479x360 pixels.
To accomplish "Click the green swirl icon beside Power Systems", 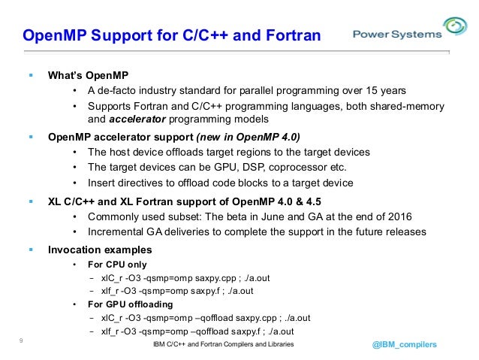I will click(455, 28).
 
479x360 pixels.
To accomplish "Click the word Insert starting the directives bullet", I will click(102, 183).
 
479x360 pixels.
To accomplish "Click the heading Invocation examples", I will click(100, 249).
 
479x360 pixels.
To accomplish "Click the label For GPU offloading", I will click(130, 304).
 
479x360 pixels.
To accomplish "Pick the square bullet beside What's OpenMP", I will click(31, 75).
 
